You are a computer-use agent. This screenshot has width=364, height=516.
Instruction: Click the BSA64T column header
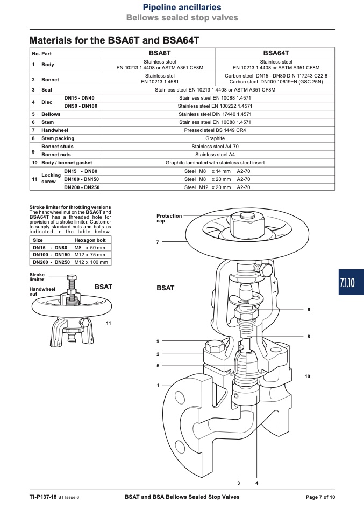pyautogui.click(x=276, y=53)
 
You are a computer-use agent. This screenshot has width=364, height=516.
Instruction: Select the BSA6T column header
pyautogui.click(x=160, y=53)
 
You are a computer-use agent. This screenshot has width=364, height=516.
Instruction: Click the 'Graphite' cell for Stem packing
pyautogui.click(x=215, y=138)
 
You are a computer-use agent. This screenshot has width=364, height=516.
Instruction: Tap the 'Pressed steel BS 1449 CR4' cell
pyautogui.click(x=215, y=130)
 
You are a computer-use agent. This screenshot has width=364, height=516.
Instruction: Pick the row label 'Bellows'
pyautogui.click(x=51, y=114)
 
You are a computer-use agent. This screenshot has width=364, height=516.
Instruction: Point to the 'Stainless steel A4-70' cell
pyautogui.click(x=215, y=147)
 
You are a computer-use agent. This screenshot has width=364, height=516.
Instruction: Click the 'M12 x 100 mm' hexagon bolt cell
pyautogui.click(x=91, y=262)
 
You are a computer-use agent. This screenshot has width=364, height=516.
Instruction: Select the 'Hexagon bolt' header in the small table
pyautogui.click(x=90, y=240)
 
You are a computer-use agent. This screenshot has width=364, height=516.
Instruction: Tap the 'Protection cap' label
pyautogui.click(x=169, y=218)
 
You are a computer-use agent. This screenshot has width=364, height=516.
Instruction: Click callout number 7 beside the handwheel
pyautogui.click(x=158, y=242)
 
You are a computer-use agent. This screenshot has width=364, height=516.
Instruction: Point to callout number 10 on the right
pyautogui.click(x=308, y=376)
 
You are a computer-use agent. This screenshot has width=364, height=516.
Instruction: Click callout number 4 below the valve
pyautogui.click(x=257, y=483)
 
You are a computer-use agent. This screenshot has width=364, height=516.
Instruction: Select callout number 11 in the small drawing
pyautogui.click(x=109, y=323)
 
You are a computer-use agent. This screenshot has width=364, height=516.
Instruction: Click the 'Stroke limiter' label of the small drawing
pyautogui.click(x=37, y=277)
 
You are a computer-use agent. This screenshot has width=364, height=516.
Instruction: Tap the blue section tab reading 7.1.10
pyautogui.click(x=351, y=282)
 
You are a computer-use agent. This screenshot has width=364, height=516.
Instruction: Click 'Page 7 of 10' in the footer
pyautogui.click(x=320, y=497)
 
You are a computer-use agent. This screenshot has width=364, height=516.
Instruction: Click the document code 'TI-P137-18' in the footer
pyautogui.click(x=43, y=497)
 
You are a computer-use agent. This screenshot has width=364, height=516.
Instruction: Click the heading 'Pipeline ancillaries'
pyautogui.click(x=182, y=7)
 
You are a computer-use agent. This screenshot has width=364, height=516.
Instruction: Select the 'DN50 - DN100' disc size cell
pyautogui.click(x=81, y=106)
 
